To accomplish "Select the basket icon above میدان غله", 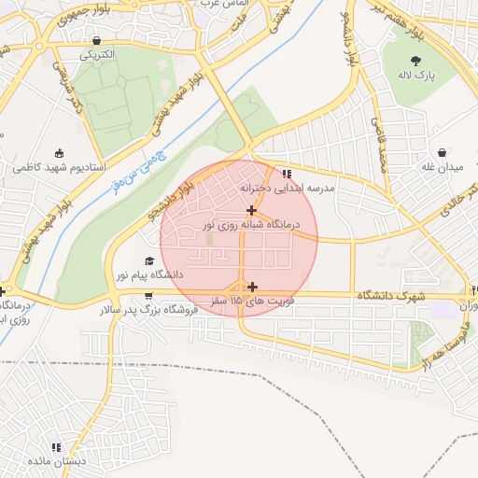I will tap(441, 152).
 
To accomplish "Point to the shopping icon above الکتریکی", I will tap(97, 40).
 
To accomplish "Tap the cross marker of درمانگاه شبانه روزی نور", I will tap(252, 210).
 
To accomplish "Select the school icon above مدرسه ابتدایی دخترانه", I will tap(287, 173).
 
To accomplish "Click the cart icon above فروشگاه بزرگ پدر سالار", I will tap(148, 294).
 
